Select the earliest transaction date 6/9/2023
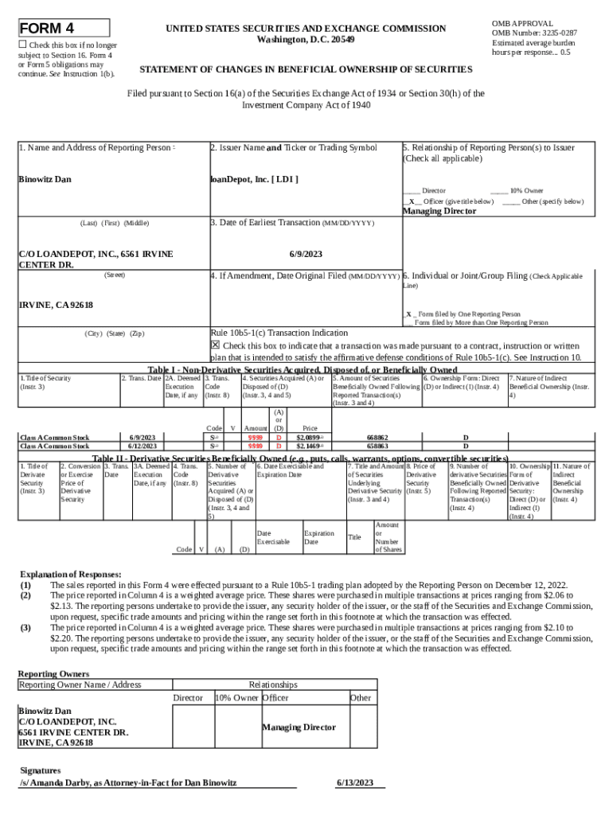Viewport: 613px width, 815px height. [x=305, y=253]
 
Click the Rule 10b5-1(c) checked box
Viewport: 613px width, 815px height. [x=215, y=345]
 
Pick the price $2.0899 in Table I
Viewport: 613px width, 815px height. [x=309, y=438]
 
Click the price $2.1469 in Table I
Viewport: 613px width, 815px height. [x=309, y=446]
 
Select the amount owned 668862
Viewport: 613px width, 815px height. [x=377, y=438]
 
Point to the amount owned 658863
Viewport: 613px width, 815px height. [x=377, y=446]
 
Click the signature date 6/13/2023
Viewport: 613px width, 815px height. [x=354, y=783]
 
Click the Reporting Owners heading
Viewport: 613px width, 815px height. [x=53, y=673]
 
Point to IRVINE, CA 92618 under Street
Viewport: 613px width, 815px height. [x=56, y=306]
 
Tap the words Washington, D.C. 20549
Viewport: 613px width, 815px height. [x=306, y=40]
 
